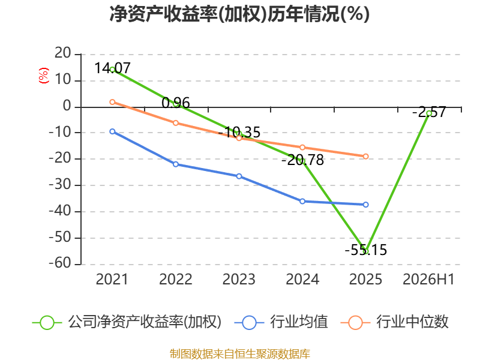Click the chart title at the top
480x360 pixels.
point(239,14)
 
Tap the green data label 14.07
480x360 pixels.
point(112,68)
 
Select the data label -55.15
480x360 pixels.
point(366,250)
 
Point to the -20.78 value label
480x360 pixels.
point(302,160)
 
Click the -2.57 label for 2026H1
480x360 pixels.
point(429,112)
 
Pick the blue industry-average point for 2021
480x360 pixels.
point(112,131)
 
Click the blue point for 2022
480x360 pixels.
point(176,164)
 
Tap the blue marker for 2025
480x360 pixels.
point(366,205)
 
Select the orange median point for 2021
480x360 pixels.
point(112,102)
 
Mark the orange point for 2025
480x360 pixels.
point(366,157)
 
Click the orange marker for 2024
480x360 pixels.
point(302,148)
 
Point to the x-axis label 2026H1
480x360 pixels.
point(428,280)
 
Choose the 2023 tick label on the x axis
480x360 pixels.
point(239,280)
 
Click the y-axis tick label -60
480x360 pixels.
point(60,263)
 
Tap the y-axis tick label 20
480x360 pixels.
point(63,53)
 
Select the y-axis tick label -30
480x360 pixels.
point(60,185)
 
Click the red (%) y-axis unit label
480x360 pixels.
point(43,76)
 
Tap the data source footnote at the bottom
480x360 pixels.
point(240,354)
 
